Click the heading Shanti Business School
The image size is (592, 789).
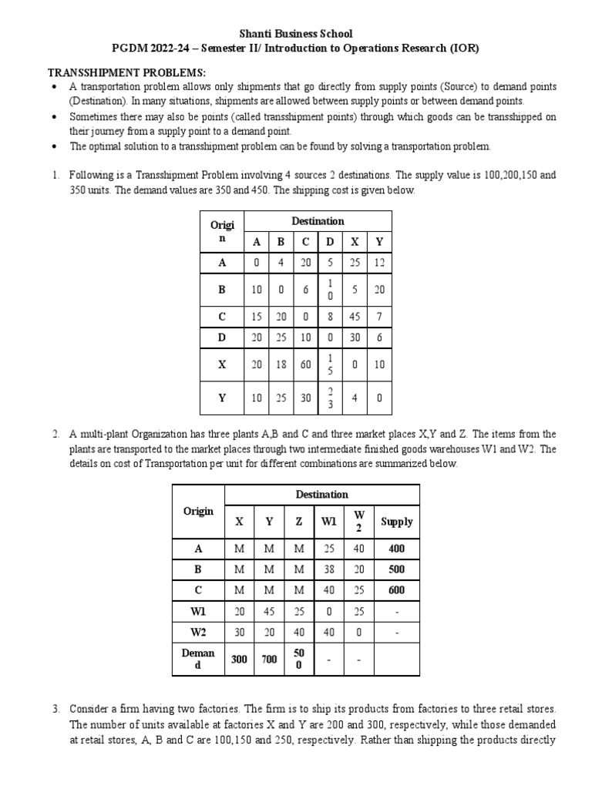pos(295,33)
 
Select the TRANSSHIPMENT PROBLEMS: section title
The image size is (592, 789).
pos(116,72)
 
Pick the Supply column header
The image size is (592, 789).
pos(396,522)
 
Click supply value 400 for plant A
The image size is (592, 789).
pos(396,549)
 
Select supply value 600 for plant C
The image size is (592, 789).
pos(396,589)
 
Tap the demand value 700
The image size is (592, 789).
pos(269,660)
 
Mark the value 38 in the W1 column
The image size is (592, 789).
pos(328,569)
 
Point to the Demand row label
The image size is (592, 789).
pos(198,660)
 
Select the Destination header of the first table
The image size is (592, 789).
pos(318,221)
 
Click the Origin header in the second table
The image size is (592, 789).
pos(198,512)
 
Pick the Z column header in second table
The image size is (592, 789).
pos(299,522)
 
